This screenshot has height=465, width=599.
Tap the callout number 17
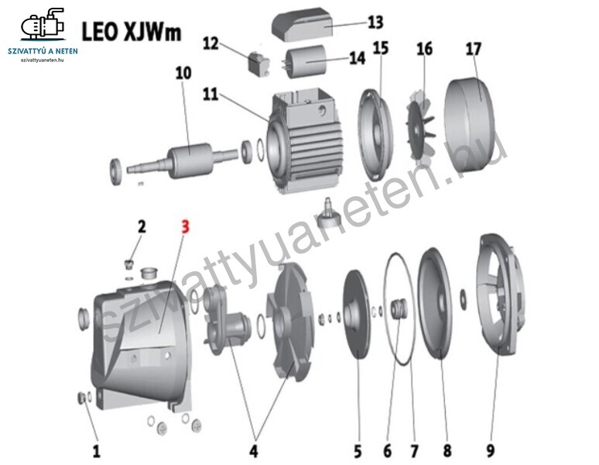tap(474, 49)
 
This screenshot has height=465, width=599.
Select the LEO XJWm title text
tap(131, 31)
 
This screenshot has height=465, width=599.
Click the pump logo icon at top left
tap(43, 24)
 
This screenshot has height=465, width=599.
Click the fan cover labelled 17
tap(469, 125)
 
